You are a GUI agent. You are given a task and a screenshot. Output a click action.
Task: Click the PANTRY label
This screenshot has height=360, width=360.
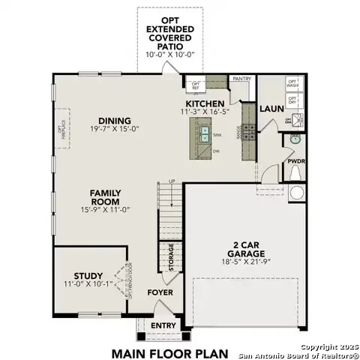[x=242, y=78]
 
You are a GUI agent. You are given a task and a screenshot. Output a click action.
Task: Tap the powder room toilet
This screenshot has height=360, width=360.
[x=295, y=172]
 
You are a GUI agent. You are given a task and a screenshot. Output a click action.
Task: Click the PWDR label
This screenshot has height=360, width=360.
[x=295, y=160]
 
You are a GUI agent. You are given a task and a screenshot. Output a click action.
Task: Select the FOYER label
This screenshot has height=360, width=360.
[x=160, y=292]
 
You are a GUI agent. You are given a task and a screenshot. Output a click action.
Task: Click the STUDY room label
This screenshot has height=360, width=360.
[x=88, y=275]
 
